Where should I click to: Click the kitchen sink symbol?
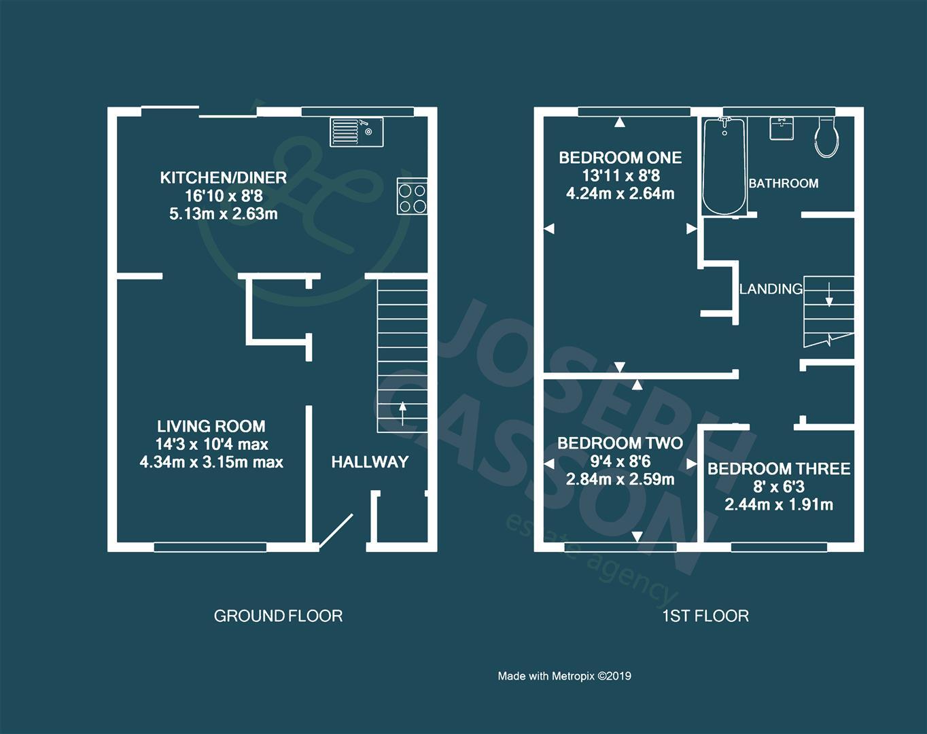pyautogui.click(x=357, y=132)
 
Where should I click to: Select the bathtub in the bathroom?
pyautogui.click(x=724, y=166)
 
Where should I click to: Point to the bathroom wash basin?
pyautogui.click(x=782, y=128)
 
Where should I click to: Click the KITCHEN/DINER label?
pyautogui.click(x=223, y=178)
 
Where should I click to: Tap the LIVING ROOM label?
pyautogui.click(x=211, y=427)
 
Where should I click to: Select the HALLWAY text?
pyautogui.click(x=370, y=462)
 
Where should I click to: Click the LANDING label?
pyautogui.click(x=771, y=289)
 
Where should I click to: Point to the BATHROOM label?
pyautogui.click(x=783, y=183)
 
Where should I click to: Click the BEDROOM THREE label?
pyautogui.click(x=779, y=469)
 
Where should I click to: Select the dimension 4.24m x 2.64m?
pyautogui.click(x=620, y=194)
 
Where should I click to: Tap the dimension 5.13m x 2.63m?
pyautogui.click(x=223, y=214)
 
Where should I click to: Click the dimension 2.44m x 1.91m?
pyautogui.click(x=779, y=505)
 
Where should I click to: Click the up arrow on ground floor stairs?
pyautogui.click(x=402, y=413)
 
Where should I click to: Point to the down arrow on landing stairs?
pyautogui.click(x=829, y=296)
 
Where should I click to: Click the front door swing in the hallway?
pyautogui.click(x=336, y=531)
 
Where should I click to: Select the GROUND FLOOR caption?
pyautogui.click(x=278, y=616)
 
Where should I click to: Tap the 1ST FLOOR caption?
pyautogui.click(x=705, y=616)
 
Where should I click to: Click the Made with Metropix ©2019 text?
pyautogui.click(x=564, y=676)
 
